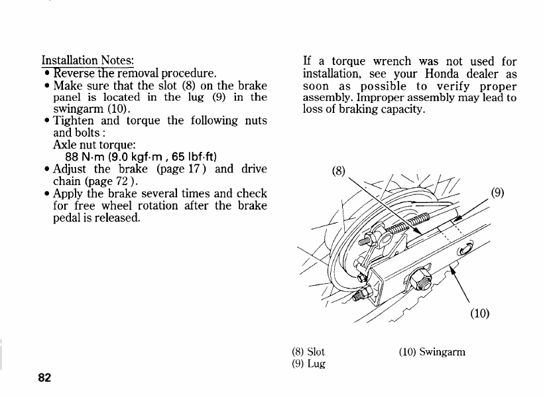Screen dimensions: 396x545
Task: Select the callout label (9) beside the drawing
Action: (x=498, y=194)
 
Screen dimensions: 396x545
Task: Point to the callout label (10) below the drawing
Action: (x=479, y=313)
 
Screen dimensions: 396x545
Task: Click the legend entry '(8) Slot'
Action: (x=308, y=352)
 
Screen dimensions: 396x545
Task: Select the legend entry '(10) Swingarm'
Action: (x=432, y=352)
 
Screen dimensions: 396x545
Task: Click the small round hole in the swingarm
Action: (x=463, y=249)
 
